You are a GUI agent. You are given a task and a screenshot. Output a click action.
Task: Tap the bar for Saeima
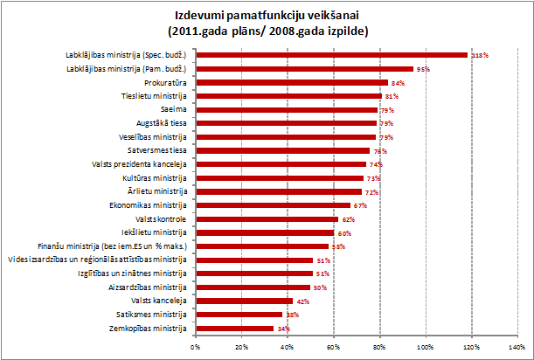pos(286,109)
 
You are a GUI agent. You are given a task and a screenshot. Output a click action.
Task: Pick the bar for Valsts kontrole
pos(267,219)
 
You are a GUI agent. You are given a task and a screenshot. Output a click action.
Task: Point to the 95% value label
pos(425,68)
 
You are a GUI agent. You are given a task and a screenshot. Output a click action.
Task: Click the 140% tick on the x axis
pos(518,347)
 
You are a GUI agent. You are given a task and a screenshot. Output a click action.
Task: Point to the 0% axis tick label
pos(195,347)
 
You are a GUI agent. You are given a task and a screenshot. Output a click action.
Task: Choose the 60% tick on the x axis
pos(334,347)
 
